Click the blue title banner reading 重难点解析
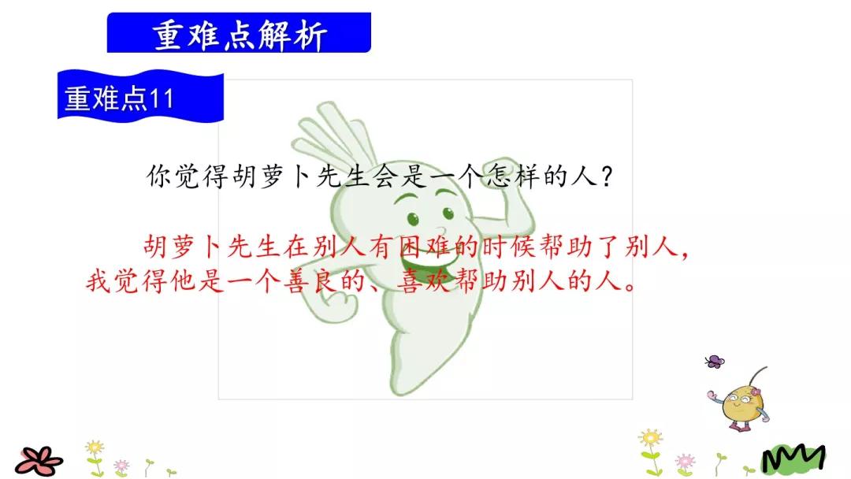click(x=239, y=33)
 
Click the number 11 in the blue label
click(x=162, y=99)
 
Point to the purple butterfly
click(x=714, y=362)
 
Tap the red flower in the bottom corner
click(x=39, y=459)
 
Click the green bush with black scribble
click(x=793, y=456)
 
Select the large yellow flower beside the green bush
click(x=650, y=438)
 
